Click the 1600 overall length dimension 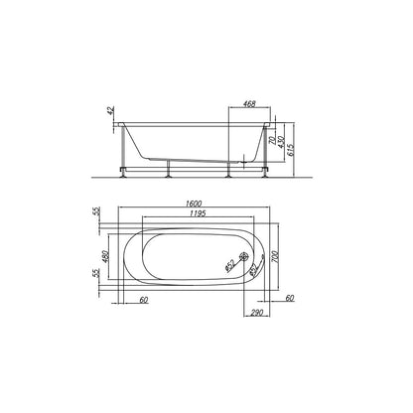point(194,204)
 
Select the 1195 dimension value point(198,213)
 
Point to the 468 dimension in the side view point(249,103)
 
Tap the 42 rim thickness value point(111,110)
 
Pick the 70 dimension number point(272,141)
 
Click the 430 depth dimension point(281,142)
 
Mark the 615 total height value point(291,150)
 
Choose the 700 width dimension point(275,257)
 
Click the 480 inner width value point(105,256)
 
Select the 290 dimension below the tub point(257,313)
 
